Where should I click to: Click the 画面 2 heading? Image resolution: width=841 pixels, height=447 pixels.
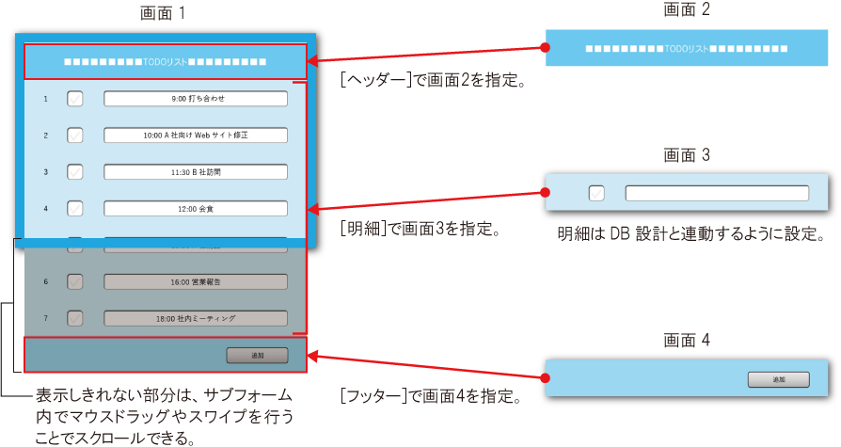(x=686, y=10)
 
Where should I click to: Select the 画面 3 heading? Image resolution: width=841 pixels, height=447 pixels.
(x=686, y=155)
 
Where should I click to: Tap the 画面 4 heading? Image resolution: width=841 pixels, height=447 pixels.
(x=686, y=341)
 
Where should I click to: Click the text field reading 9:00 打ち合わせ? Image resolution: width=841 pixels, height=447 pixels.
(x=195, y=98)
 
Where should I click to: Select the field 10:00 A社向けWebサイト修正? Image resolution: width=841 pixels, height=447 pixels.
(x=195, y=135)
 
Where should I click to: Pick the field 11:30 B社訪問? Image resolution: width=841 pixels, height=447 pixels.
(x=195, y=171)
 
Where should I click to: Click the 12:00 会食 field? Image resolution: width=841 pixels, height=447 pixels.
(x=195, y=208)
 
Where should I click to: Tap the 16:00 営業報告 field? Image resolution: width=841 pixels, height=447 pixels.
(x=195, y=281)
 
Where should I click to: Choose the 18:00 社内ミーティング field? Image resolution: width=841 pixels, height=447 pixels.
(x=195, y=318)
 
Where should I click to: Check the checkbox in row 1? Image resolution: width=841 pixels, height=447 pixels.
(x=75, y=98)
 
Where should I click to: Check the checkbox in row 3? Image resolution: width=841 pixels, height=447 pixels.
(x=75, y=171)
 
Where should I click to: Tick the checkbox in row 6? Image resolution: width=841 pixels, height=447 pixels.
(x=75, y=281)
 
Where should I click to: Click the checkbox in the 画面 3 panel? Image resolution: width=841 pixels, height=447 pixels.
(x=596, y=193)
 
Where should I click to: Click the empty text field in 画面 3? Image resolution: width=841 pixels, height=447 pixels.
(x=717, y=193)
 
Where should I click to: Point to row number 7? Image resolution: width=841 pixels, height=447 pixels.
(x=45, y=318)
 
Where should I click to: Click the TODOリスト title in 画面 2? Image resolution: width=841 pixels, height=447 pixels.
(x=686, y=47)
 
